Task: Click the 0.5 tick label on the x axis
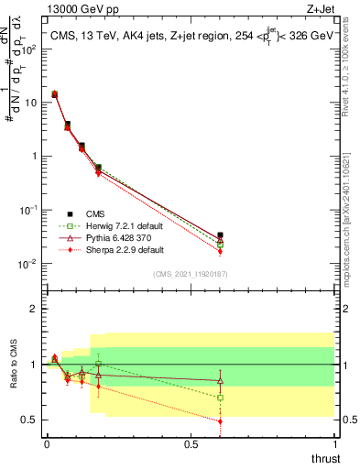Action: click(x=191, y=444)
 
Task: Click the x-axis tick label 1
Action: click(x=334, y=444)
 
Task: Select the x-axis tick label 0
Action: click(x=47, y=444)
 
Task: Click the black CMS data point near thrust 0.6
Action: click(x=220, y=235)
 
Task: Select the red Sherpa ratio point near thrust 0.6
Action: click(x=220, y=421)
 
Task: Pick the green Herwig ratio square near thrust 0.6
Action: click(x=220, y=398)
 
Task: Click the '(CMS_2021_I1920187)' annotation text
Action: click(x=190, y=274)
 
